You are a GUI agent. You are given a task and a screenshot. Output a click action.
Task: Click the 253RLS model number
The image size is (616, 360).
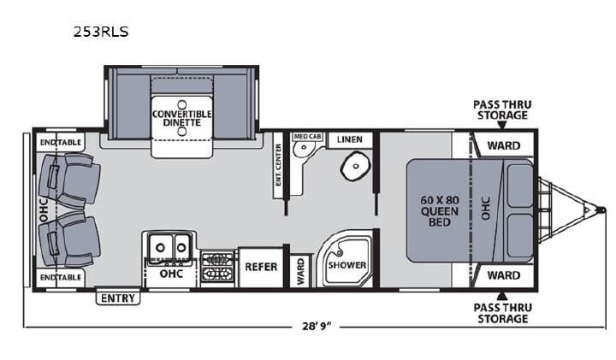tap(101, 32)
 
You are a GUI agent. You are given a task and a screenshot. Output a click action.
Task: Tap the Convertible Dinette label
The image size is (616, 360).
tap(182, 118)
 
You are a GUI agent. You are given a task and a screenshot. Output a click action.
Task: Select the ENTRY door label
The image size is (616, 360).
tap(118, 298)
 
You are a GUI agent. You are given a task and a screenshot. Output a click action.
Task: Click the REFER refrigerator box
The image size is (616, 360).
tap(261, 268)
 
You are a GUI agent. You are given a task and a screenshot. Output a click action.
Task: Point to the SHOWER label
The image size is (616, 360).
tap(347, 265)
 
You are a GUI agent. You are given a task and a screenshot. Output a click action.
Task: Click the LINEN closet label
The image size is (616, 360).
tap(350, 139)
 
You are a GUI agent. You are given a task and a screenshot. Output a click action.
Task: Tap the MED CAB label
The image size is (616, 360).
tap(308, 137)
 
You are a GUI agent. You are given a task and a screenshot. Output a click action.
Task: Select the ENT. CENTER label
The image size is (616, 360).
tap(279, 165)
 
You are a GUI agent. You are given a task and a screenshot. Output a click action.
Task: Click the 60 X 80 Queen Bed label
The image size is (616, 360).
tap(440, 211)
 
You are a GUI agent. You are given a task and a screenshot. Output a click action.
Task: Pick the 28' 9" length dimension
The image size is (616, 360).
tap(317, 327)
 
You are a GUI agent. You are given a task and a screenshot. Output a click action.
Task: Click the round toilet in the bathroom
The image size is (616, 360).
tap(356, 166)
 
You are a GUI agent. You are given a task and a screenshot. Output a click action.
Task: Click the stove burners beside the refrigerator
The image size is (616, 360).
tap(217, 266)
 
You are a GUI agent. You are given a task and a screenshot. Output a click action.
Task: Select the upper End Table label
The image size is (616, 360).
tap(61, 143)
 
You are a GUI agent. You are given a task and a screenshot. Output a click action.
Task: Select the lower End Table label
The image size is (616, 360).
tap(61, 278)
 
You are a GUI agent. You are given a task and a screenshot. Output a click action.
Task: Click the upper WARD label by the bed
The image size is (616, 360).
tap(504, 145)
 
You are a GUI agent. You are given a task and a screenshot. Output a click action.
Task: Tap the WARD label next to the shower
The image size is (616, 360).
tap(300, 271)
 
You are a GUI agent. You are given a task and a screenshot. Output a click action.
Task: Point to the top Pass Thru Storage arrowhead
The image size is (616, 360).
tap(501, 125)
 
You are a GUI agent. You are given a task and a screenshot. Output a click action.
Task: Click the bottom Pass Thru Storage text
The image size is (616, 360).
tap(502, 313)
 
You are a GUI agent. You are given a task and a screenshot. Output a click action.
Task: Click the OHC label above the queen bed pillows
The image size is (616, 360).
tap(486, 209)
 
